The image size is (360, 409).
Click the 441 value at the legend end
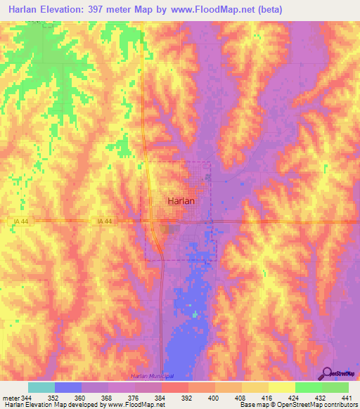pyautogui.click(x=346, y=398)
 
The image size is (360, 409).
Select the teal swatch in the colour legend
pyautogui.click(x=41, y=387)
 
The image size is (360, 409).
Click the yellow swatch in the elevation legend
pyautogui.click(x=281, y=387)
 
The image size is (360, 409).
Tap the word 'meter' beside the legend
pyautogui.click(x=9, y=398)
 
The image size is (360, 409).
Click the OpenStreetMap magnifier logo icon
pyautogui.click(x=326, y=373)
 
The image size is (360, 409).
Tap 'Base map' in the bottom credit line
pyautogui.click(x=252, y=405)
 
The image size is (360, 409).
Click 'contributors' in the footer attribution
pyautogui.click(x=339, y=405)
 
